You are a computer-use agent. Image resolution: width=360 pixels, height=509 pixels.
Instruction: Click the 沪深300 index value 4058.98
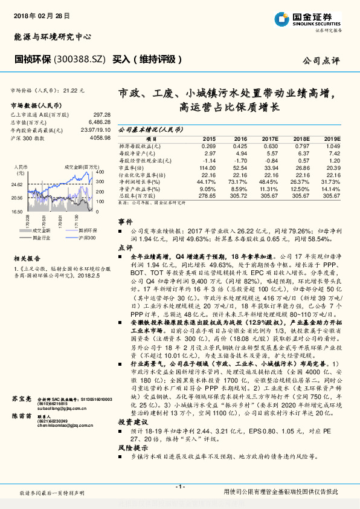click(x=100, y=138)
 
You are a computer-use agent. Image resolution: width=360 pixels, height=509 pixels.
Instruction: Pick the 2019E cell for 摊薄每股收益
click(x=332, y=146)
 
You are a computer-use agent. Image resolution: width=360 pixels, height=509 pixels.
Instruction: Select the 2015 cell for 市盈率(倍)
click(x=208, y=167)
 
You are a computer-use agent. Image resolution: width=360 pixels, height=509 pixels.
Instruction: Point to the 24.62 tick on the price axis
click(x=16, y=184)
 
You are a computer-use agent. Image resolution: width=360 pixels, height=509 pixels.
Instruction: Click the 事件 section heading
click(x=125, y=222)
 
